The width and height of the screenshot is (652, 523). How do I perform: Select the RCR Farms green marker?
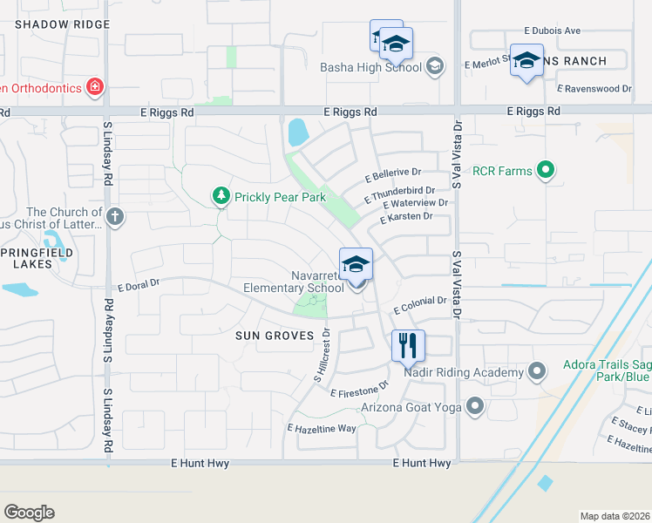pos(546,170)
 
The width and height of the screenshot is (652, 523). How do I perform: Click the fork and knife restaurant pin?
pos(408,346)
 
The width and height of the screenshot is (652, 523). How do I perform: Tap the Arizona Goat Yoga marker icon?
pos(475,405)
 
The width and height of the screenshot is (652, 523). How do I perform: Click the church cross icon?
pos(115,215)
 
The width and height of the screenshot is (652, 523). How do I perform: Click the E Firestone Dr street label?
pos(358,390)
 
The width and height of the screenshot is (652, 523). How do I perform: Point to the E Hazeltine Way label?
pos(322,428)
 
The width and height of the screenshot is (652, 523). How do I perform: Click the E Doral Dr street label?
pos(139,283)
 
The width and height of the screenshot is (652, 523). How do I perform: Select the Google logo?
pos(29,512)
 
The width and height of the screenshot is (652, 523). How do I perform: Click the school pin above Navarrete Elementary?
pos(356,264)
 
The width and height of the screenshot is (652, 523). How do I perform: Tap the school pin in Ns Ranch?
pos(526,61)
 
